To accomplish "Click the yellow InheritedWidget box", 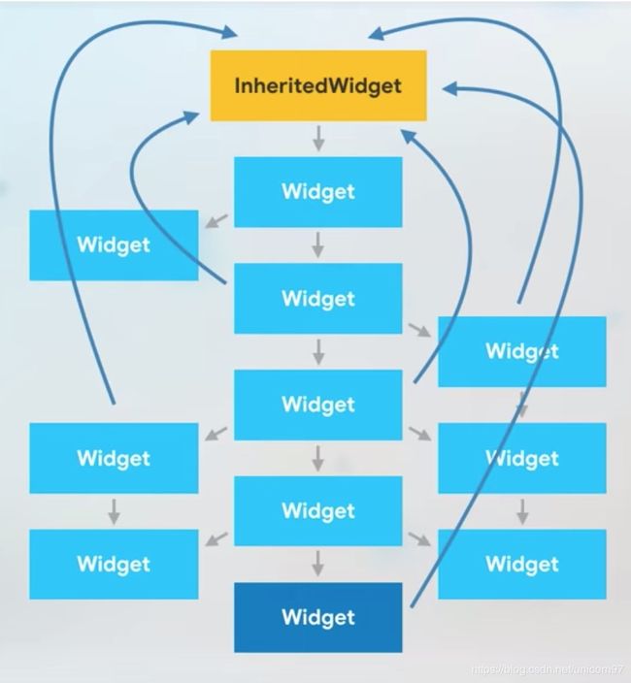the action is point(318,85).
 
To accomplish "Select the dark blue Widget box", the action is point(318,617).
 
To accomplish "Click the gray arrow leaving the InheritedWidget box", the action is point(318,138).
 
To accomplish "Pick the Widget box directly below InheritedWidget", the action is point(318,192).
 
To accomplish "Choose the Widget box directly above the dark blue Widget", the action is point(318,510).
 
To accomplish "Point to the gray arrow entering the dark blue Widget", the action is point(318,564).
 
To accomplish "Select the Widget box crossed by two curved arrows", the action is point(522,351).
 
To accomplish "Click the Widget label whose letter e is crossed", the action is point(522,351).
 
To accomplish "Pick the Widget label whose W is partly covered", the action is point(522,458).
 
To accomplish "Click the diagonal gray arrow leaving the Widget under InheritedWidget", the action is point(216,221).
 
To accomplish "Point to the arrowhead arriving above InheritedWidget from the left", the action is point(229,32).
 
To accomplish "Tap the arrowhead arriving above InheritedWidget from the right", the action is point(377,33).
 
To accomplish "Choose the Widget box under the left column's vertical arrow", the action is point(114,564).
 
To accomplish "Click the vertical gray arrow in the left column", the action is point(114,511).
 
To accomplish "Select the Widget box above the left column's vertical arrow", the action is point(114,458).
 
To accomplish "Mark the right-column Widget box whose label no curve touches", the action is point(522,564).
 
